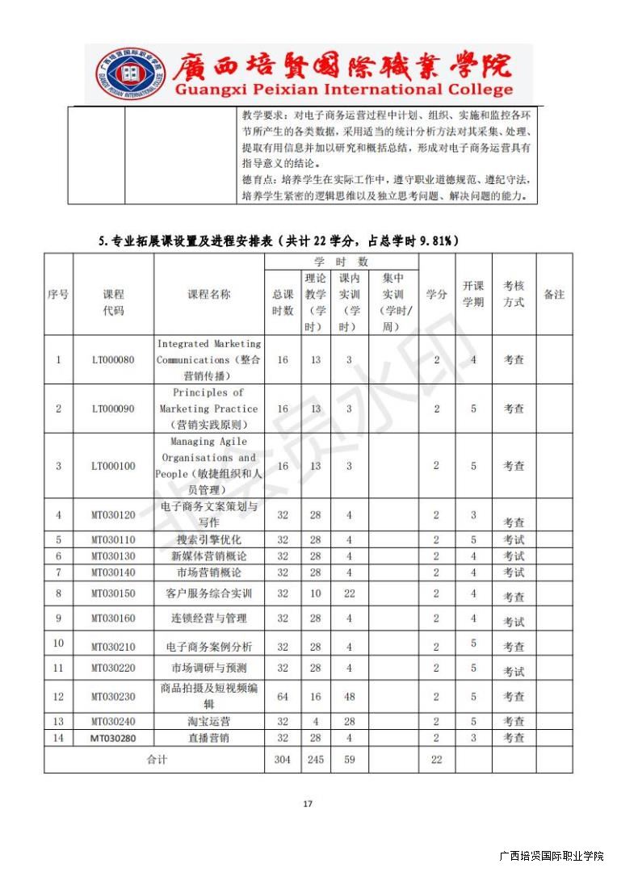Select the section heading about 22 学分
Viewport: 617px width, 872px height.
[278, 240]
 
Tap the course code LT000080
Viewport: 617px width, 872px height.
[113, 359]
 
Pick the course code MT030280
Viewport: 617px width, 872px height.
[113, 738]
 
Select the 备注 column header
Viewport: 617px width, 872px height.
[554, 294]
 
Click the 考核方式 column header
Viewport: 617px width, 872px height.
[514, 294]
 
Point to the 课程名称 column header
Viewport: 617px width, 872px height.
[208, 294]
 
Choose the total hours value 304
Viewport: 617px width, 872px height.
[283, 760]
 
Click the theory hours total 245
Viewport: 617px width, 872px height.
[315, 760]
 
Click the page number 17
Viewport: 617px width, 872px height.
[307, 803]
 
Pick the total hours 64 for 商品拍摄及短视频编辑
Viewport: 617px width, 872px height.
[283, 696]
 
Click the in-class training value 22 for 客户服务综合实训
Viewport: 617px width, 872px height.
[350, 593]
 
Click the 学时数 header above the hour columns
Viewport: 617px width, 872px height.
[341, 262]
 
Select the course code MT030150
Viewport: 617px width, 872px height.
[113, 593]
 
